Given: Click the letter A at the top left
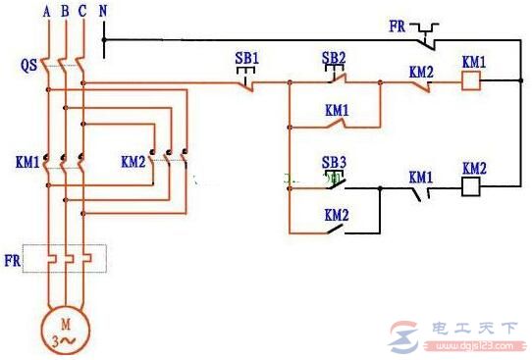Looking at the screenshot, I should [45, 12].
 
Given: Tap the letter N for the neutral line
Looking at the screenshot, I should [104, 12].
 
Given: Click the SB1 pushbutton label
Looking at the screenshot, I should [246, 58].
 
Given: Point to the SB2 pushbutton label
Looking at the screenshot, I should [335, 58].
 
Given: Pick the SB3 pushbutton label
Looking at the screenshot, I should [335, 161].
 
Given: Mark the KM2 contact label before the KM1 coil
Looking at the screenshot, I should [421, 73].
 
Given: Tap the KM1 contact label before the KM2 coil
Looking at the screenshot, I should [421, 177].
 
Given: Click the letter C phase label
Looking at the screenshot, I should [82, 12].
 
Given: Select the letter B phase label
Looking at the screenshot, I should [64, 12].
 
